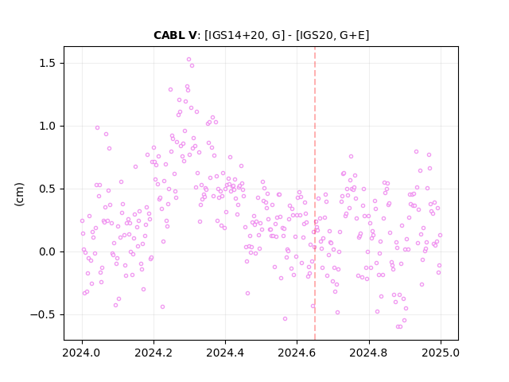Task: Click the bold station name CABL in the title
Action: pos(169,35)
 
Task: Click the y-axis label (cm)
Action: pos(19,194)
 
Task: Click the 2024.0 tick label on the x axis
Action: pos(82,353)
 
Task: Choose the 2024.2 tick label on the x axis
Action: pos(153,353)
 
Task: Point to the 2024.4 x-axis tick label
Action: pos(225,353)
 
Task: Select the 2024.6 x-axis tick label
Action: pos(297,353)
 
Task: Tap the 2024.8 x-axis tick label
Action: pos(369,353)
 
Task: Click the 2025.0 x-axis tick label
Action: pos(441,353)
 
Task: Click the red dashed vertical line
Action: pos(315,193)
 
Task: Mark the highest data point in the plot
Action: pos(188,60)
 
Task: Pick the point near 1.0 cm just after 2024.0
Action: pos(97,127)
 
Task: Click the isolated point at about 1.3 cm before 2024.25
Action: pos(170,90)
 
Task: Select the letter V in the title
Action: pos(192,35)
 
